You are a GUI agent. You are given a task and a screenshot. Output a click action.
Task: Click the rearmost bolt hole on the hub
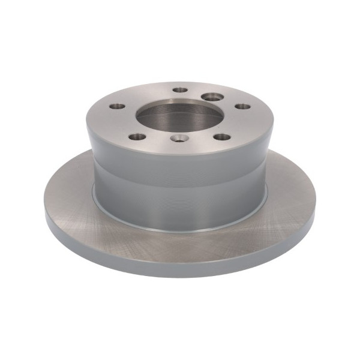pos(180,90)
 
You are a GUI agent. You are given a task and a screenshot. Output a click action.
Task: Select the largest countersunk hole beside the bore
pos(211,96)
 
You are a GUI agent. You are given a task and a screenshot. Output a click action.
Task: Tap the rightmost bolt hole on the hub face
pos(242,106)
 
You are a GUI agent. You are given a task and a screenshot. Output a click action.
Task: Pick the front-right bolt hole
pos(222,137)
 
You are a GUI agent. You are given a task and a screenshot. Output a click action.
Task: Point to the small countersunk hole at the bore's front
pos(179,138)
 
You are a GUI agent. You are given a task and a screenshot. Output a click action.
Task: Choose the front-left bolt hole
pos(137,137)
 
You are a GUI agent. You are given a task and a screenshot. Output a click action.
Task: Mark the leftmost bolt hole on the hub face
pos(118,106)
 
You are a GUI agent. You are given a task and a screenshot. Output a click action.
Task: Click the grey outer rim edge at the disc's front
pos(180,268)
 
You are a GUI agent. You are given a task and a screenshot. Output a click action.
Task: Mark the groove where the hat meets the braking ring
pos(180,230)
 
